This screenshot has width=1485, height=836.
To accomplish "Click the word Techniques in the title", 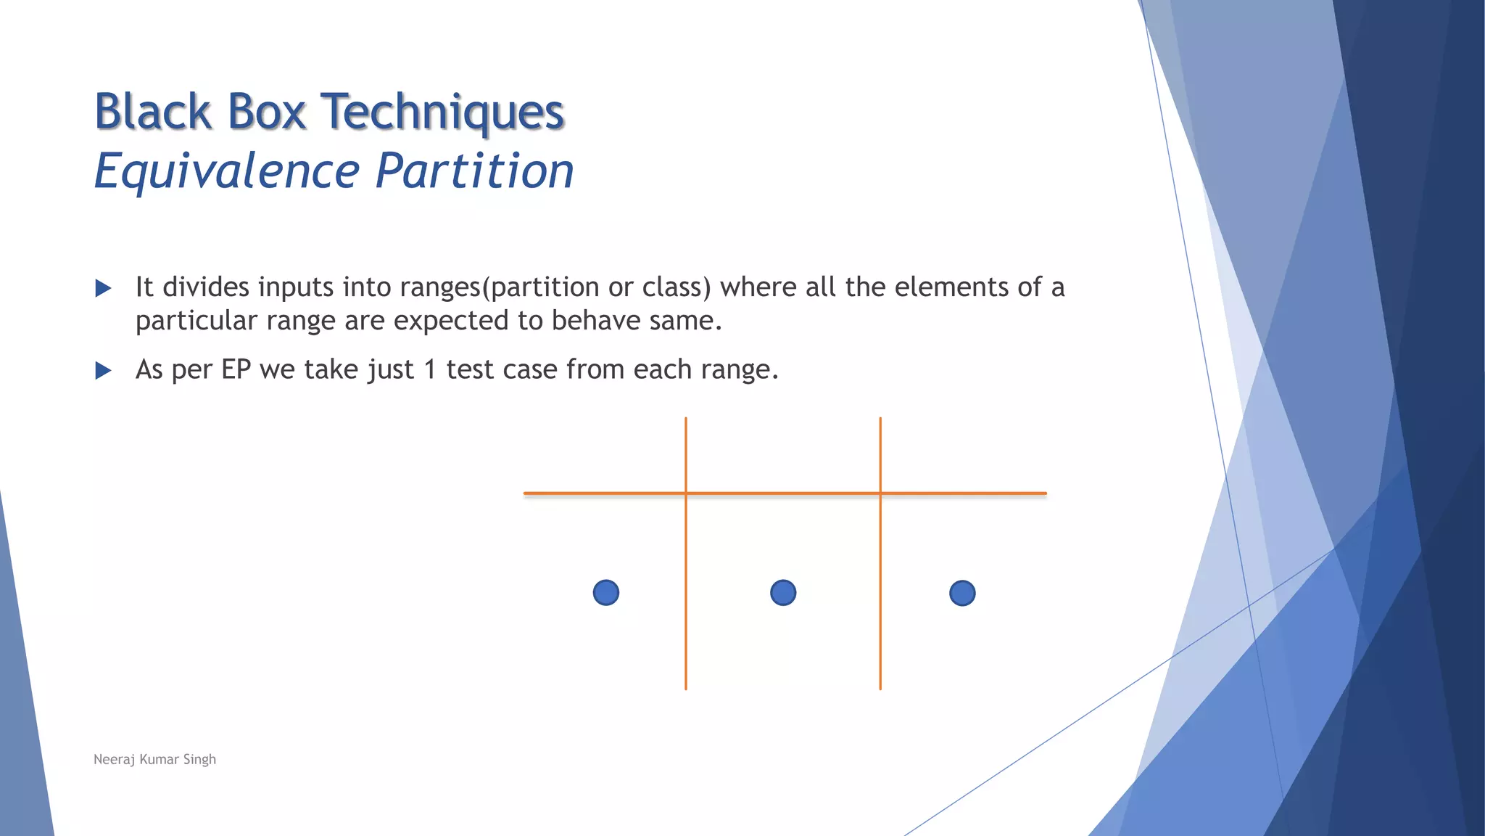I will coord(442,112).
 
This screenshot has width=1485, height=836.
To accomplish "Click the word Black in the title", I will coord(153,112).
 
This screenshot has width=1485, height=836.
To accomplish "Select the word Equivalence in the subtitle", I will coord(227,171).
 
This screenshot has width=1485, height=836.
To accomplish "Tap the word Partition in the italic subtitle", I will coord(475,171).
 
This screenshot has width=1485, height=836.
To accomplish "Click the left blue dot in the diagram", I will coord(606,593).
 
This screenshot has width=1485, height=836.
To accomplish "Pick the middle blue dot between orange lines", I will coord(783,593).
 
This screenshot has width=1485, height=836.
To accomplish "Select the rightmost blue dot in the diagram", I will coord(962,593).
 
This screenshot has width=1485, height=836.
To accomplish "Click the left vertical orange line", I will coord(686,617).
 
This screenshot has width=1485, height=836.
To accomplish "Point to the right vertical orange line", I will coord(880,617).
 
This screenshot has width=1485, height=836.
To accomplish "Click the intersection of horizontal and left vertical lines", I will coord(686,493).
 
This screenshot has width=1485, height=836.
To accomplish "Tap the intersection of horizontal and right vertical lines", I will coord(880,493).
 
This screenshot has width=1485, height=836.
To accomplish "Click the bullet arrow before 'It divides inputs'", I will coord(104,289).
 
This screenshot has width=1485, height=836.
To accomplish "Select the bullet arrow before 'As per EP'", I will coord(104,371).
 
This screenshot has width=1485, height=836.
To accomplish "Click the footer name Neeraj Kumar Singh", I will coord(154,759).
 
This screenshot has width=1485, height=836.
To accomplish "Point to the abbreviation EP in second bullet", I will coord(236,369).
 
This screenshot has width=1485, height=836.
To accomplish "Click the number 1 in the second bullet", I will coord(430,369).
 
